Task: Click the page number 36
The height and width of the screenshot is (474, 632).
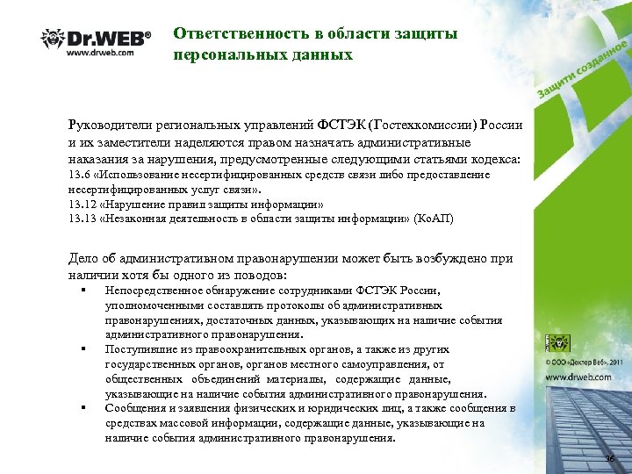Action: click(x=610, y=460)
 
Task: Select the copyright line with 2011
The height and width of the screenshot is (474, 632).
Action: click(x=585, y=361)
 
